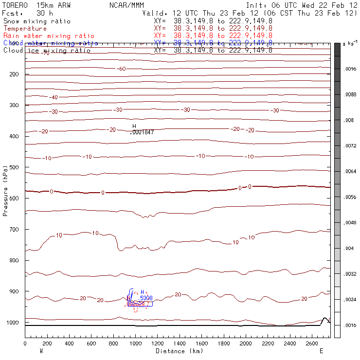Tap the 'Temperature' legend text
25,29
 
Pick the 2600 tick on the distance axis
312,343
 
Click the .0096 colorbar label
350,69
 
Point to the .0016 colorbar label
350,324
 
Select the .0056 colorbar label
350,197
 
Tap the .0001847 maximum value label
143,132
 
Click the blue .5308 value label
146,298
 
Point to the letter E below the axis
321,351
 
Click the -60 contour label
121,69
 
